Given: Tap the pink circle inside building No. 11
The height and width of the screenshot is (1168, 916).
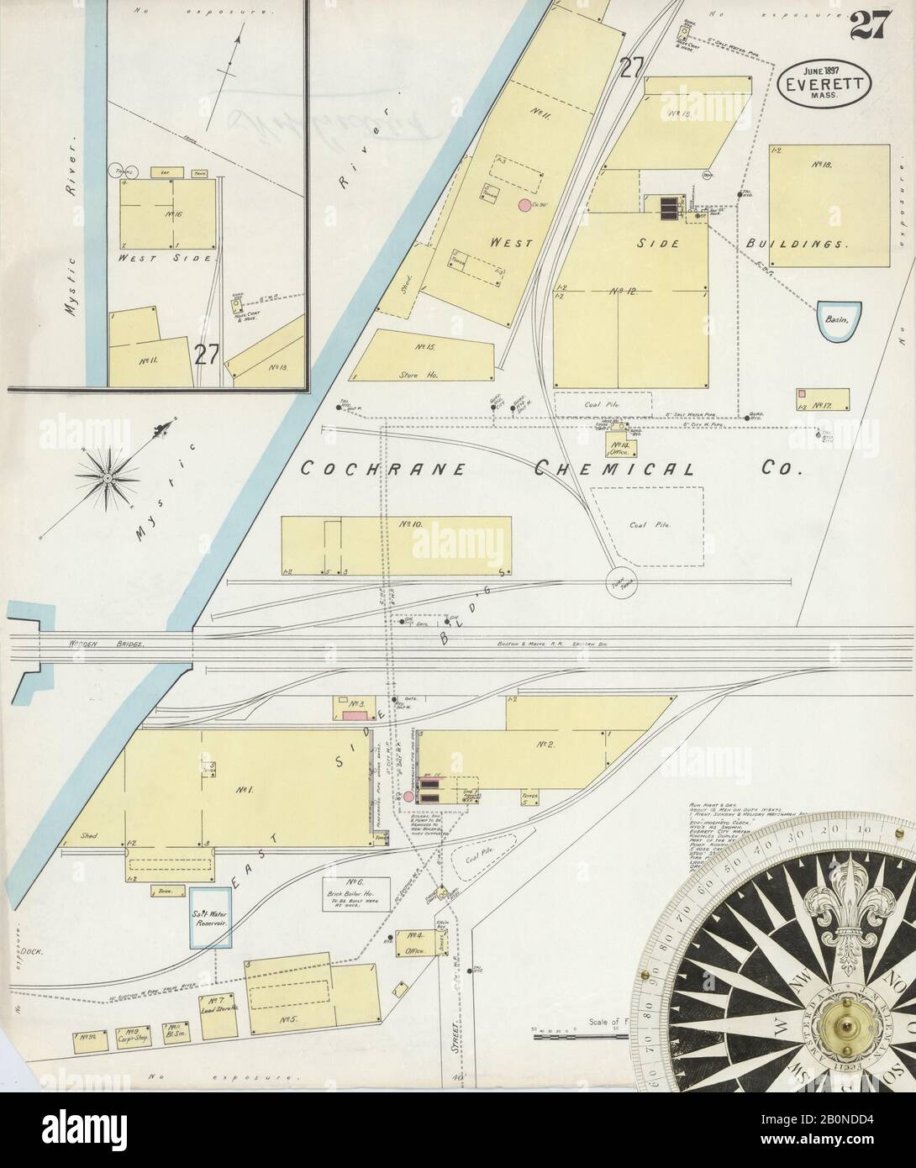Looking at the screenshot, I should pyautogui.click(x=524, y=204).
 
